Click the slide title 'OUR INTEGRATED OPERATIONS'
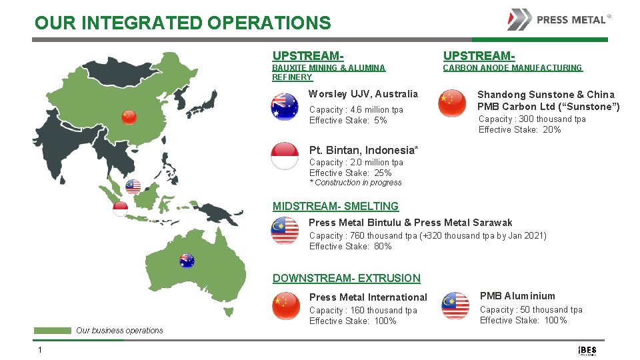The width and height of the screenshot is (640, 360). [x=183, y=23]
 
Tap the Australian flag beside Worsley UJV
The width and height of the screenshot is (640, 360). [x=285, y=107]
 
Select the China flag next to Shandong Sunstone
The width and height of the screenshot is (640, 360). [x=453, y=103]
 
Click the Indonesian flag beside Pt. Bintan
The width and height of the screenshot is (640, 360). [x=285, y=156]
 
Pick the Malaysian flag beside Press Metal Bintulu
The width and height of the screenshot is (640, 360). [x=285, y=231]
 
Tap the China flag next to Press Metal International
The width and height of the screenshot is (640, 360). [x=286, y=306]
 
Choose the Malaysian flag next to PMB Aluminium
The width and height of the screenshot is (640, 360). [x=455, y=306]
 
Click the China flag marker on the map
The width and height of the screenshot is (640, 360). [x=129, y=117]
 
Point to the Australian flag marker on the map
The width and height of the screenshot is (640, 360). [x=187, y=261]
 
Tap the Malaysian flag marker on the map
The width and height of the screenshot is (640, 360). [x=133, y=187]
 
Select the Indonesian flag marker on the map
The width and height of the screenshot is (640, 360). [x=120, y=209]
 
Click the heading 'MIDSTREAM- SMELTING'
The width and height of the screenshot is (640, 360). [x=336, y=207]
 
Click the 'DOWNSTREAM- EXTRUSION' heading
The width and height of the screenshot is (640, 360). [x=347, y=279]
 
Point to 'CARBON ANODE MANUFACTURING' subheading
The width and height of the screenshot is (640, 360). [x=513, y=68]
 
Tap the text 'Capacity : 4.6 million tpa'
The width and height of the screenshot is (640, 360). [x=356, y=110]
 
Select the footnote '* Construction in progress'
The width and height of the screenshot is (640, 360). [x=355, y=183]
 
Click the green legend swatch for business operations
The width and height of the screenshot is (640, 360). [x=53, y=331]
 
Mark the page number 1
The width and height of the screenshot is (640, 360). [x=40, y=350]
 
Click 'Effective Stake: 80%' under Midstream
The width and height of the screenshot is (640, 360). [x=350, y=247]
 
